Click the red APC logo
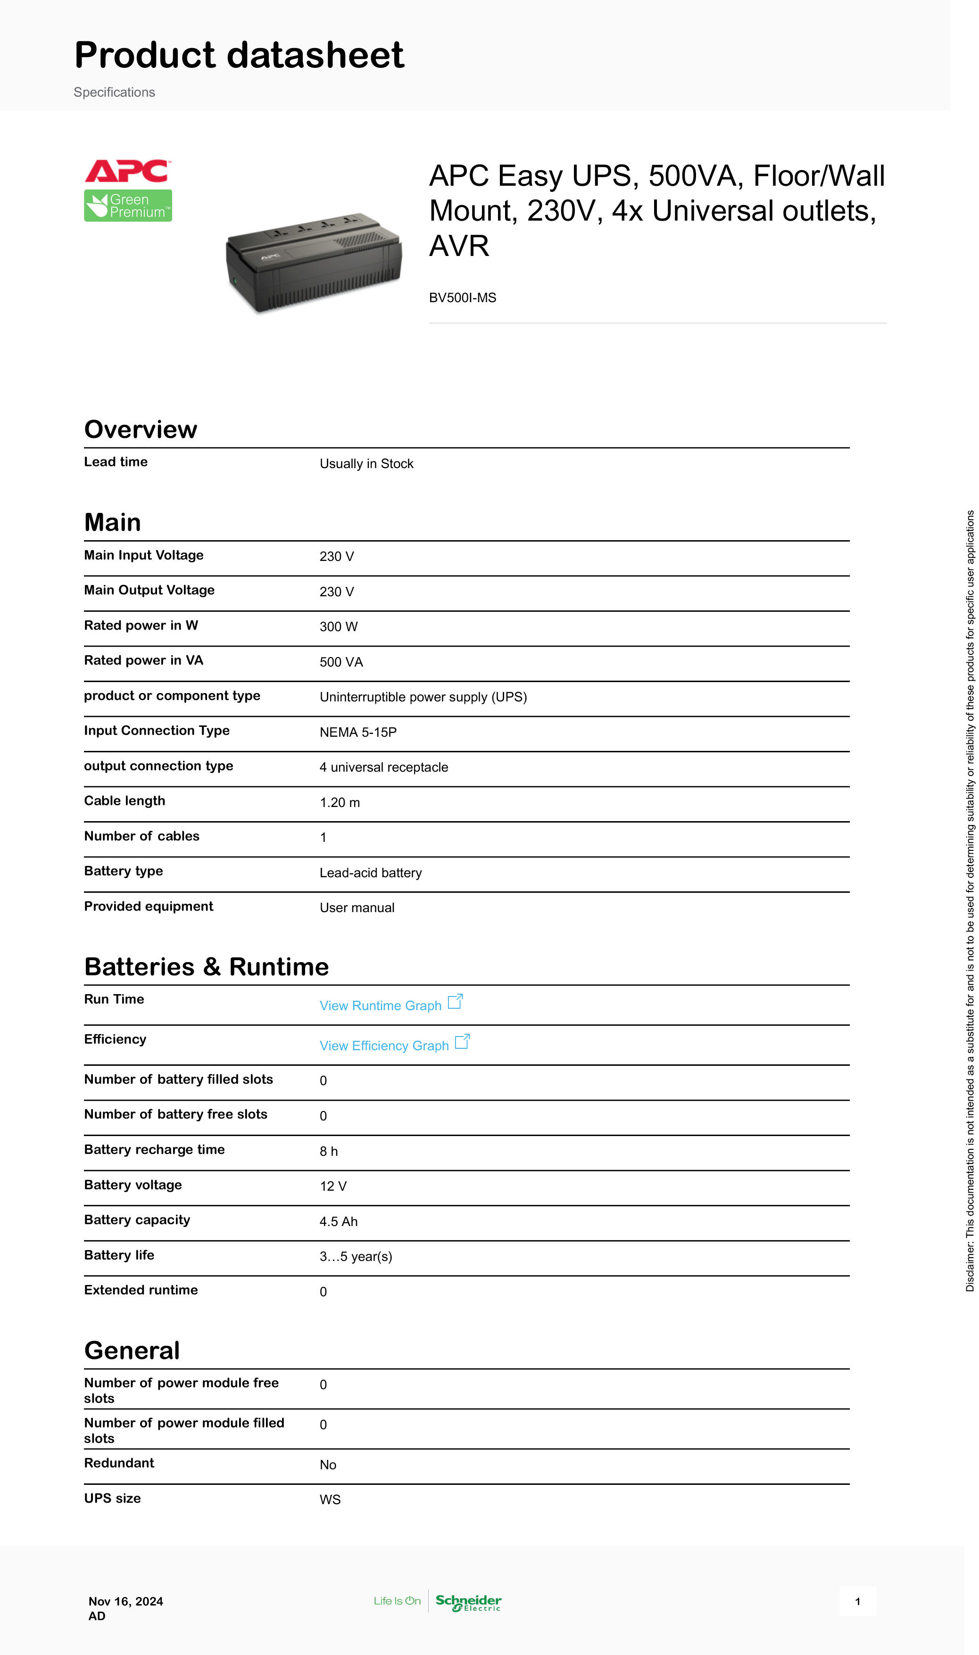127,172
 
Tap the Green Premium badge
128,206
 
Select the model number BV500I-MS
463,298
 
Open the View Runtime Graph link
381,1005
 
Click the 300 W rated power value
339,627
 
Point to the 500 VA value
341,662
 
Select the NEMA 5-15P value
358,733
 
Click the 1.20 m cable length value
340,802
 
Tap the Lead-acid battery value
371,873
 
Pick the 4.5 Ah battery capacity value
339,1222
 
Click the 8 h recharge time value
329,1151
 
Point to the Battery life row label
119,1255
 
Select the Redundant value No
328,1465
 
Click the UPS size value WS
330,1500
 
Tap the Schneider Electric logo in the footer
468,1602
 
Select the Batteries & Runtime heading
207,967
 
